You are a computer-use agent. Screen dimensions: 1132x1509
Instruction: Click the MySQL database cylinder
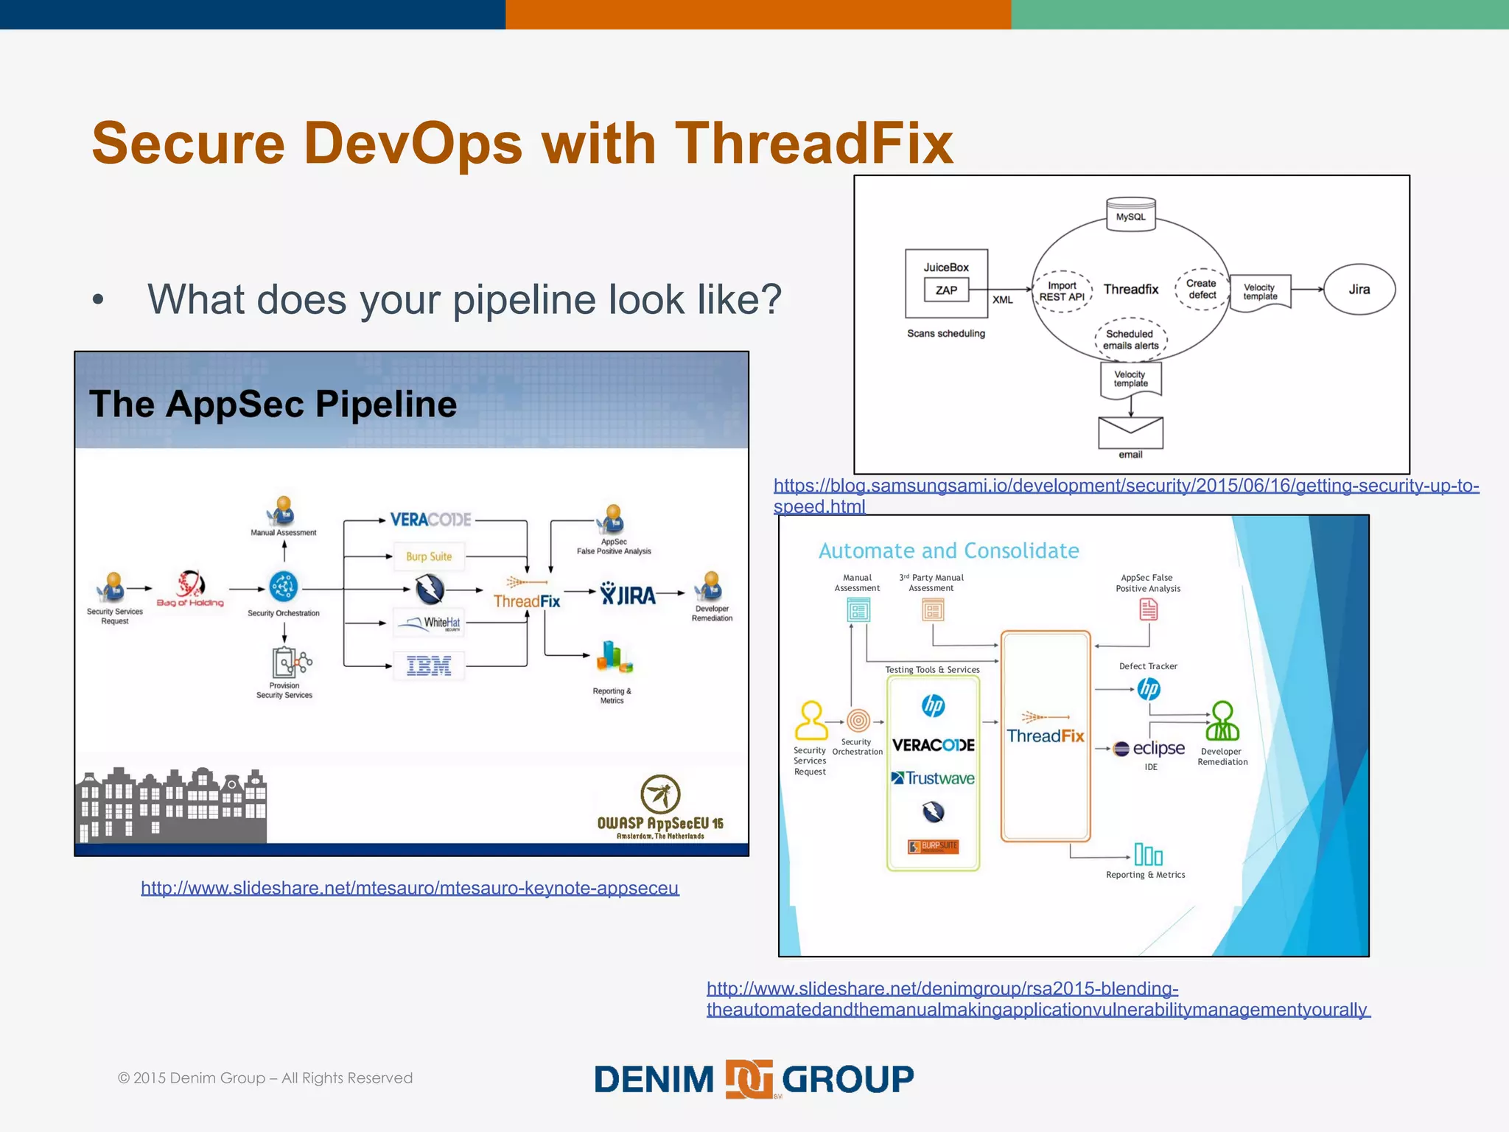point(1130,214)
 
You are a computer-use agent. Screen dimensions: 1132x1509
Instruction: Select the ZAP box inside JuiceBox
point(946,290)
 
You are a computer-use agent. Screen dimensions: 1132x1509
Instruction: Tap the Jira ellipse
point(1359,290)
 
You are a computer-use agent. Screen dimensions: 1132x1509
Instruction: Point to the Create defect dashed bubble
point(1202,289)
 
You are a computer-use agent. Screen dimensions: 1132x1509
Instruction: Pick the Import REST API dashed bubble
point(1062,291)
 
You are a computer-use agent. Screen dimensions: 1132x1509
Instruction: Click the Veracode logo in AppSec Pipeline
point(430,520)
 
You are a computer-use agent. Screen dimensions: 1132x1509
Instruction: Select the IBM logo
point(429,666)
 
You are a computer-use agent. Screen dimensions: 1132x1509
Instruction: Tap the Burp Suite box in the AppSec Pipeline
point(429,556)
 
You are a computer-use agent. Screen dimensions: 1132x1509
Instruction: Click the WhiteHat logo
point(430,623)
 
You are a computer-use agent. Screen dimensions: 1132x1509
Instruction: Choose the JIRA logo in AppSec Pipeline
point(628,593)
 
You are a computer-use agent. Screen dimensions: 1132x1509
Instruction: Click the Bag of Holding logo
point(190,588)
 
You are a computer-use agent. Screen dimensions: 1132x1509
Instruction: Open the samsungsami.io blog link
point(1125,486)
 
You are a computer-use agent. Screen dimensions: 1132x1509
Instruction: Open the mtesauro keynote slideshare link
point(410,888)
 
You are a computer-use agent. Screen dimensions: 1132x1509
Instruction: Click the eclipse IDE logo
point(1149,749)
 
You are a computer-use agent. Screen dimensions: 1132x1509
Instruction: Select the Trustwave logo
point(933,778)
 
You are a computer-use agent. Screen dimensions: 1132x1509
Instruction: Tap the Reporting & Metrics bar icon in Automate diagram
point(1148,855)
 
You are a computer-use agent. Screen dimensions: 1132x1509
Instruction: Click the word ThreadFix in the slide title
point(813,143)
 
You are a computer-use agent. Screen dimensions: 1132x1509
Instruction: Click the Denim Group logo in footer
point(753,1079)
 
